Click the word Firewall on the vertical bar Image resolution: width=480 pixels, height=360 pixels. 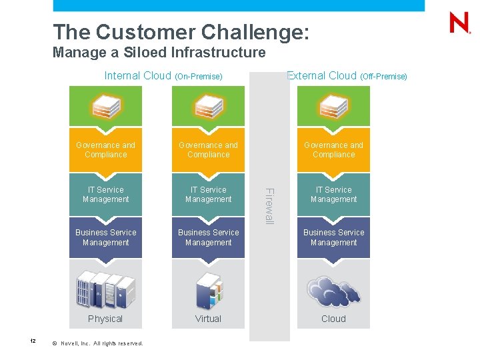269,206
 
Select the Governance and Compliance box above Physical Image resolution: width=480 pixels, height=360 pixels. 105,150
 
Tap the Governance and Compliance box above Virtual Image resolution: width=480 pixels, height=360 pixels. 208,150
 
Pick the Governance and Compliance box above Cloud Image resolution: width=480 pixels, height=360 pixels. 333,150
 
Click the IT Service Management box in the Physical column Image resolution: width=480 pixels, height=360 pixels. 105,195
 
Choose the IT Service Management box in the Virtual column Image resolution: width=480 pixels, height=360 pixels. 208,195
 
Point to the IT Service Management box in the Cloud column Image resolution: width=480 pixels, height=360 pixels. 333,195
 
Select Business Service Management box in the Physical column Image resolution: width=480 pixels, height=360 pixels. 105,237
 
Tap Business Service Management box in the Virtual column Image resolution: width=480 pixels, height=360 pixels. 208,237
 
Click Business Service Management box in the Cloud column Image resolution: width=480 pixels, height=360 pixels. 333,237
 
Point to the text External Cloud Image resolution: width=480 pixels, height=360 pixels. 321,76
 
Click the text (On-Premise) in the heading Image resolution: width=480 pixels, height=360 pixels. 198,77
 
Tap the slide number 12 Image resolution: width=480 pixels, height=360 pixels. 32,341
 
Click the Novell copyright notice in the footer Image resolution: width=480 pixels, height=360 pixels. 97,343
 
